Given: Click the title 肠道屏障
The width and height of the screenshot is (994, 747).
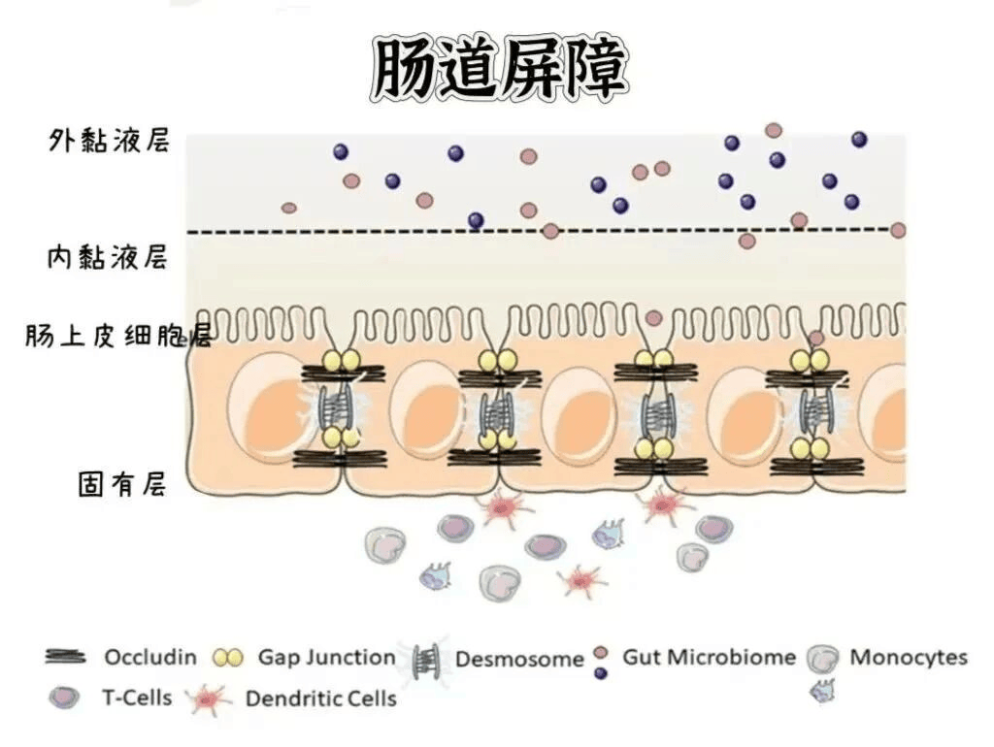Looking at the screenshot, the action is tap(499, 69).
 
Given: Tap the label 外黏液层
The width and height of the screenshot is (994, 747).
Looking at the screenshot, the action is tap(110, 141).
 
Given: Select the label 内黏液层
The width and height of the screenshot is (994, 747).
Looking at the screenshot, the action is tap(108, 257).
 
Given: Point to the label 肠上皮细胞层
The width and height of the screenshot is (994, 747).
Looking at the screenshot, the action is tap(118, 335).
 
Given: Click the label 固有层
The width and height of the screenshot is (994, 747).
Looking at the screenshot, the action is tap(122, 485).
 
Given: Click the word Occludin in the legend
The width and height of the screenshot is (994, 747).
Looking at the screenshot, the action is tap(150, 657).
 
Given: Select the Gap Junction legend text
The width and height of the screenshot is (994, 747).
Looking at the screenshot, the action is tap(326, 658).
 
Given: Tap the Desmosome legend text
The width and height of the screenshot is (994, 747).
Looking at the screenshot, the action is tap(519, 659).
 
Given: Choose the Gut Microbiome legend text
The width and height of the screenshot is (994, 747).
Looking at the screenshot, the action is tap(709, 657).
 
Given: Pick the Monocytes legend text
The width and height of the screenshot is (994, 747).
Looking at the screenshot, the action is tap(909, 657).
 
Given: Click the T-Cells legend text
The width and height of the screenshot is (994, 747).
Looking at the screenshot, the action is tap(137, 698).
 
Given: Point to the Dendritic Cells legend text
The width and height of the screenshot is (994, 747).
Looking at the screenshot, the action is tap(320, 698).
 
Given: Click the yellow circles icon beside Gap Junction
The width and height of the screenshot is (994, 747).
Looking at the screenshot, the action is tap(228, 659).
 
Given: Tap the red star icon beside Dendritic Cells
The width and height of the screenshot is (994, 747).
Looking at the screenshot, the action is tap(209, 698).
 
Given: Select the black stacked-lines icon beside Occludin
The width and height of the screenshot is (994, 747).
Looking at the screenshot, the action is tap(65, 657).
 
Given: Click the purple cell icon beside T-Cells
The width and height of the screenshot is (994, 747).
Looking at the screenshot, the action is tap(64, 698).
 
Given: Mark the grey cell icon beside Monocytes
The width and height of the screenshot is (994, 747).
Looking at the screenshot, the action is tap(822, 659).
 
